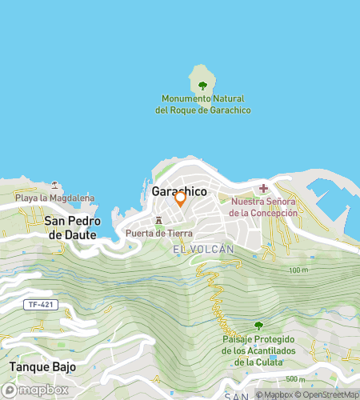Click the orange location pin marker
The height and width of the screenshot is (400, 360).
(180, 198)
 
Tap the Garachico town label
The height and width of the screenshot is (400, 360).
(178, 192)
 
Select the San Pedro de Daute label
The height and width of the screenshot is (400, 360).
(70, 227)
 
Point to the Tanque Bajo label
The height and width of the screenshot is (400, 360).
(42, 366)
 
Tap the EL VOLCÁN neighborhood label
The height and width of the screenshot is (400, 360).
(203, 250)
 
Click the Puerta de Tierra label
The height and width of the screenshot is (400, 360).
(158, 233)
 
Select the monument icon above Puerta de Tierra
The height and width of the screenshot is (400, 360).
(158, 220)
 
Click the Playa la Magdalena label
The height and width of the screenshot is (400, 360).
(54, 198)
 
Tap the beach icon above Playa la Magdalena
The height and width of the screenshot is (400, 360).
(54, 186)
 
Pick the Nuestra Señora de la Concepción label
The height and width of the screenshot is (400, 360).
(263, 207)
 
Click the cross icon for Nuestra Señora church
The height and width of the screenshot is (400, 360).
(263, 189)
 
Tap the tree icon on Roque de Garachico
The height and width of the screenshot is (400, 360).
(202, 84)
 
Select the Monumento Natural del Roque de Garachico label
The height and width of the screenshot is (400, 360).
(202, 103)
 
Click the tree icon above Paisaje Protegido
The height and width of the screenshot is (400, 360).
(258, 325)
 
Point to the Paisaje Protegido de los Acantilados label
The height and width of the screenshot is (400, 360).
(258, 350)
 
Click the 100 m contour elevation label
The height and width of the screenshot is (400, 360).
(298, 270)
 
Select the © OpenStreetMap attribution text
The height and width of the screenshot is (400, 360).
(330, 394)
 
